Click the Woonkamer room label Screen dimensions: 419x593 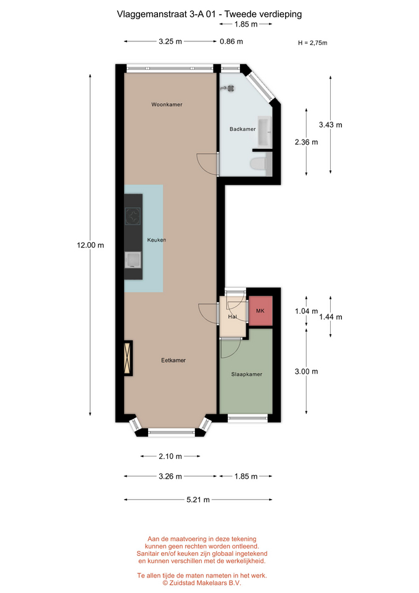pos(167,104)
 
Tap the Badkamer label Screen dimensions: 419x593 pos(243,129)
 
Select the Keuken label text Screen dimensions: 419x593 pos(156,240)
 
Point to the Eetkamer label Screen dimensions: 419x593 pos(173,360)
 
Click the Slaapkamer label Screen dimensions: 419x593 pos(247,374)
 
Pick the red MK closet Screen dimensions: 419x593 pos(260,311)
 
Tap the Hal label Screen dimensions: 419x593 pos(233,316)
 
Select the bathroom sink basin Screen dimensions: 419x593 pos(265,132)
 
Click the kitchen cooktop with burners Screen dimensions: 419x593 pos(133,216)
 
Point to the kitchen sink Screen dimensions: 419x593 pos(133,260)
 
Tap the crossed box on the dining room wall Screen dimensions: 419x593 pos(128,358)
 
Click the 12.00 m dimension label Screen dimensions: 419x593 pos(90,245)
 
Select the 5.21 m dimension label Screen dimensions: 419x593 pos(198,500)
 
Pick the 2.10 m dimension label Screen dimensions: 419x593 pos(170,456)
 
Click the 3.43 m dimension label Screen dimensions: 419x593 pos(331,125)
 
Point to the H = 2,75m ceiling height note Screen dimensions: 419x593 pos(312,43)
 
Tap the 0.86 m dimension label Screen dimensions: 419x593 pos(231,41)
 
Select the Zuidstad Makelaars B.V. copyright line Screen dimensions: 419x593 pos(202,582)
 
